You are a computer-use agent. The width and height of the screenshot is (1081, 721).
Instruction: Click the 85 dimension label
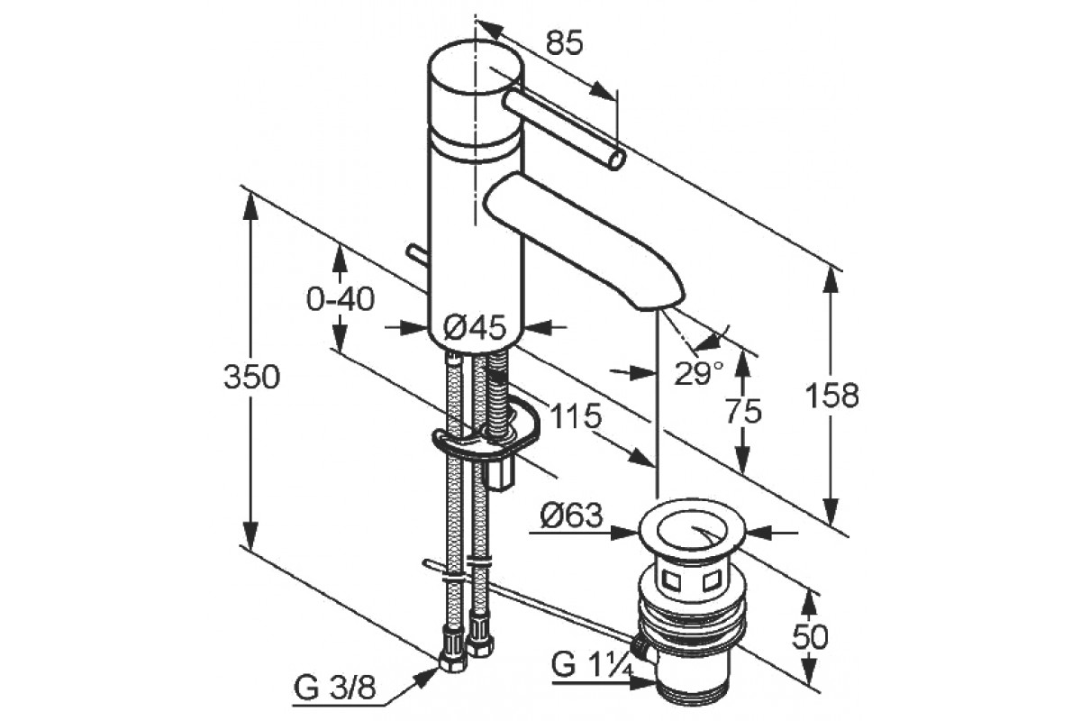click(564, 44)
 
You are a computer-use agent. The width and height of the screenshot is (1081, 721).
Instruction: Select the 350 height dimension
click(251, 377)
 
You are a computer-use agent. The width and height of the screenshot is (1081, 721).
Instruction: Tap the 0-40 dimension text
click(341, 299)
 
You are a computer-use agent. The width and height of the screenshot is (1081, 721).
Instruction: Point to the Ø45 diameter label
click(475, 328)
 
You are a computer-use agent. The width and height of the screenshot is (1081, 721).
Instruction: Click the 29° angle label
click(699, 373)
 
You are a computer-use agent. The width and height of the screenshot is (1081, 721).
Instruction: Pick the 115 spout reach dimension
click(576, 415)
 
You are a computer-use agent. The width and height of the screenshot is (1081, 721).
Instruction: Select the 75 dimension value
click(743, 412)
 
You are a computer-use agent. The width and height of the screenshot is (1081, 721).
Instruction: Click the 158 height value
click(832, 395)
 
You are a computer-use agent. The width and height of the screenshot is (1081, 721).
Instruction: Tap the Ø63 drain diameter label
click(572, 516)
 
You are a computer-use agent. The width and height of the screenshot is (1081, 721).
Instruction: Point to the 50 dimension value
click(810, 636)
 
